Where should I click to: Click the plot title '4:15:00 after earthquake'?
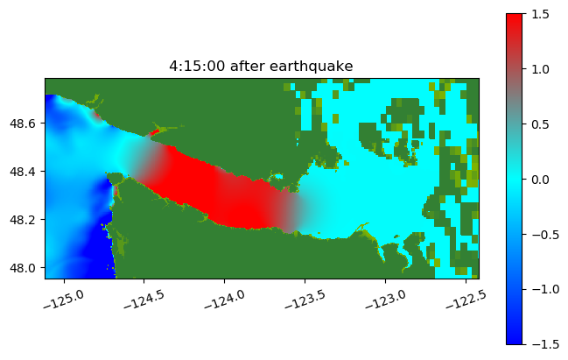(x=262, y=67)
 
